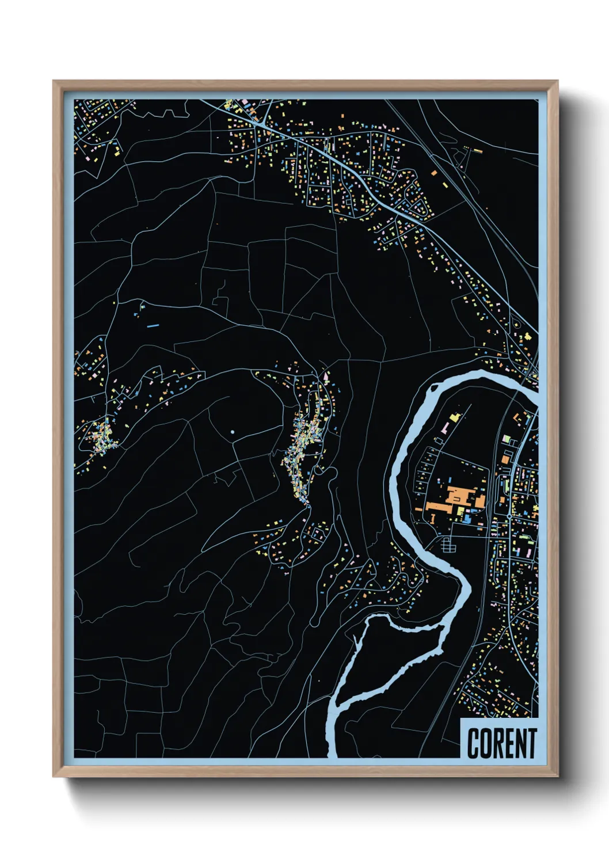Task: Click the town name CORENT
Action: [x=501, y=743]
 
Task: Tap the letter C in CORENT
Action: [x=474, y=743]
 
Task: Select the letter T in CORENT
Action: [x=531, y=743]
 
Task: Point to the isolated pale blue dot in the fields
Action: [x=232, y=431]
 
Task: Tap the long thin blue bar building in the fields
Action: [x=153, y=326]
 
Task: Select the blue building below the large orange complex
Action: [x=467, y=519]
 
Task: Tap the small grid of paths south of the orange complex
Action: [x=447, y=544]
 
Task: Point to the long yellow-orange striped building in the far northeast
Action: [x=477, y=150]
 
